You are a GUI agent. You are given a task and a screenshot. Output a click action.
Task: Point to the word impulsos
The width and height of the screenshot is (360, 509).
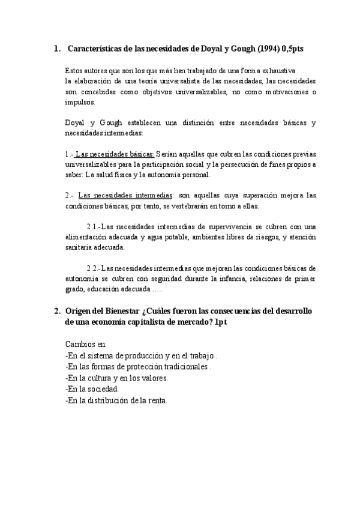[77, 102]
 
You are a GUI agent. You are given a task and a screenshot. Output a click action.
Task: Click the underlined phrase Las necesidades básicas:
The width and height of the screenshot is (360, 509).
[115, 154]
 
